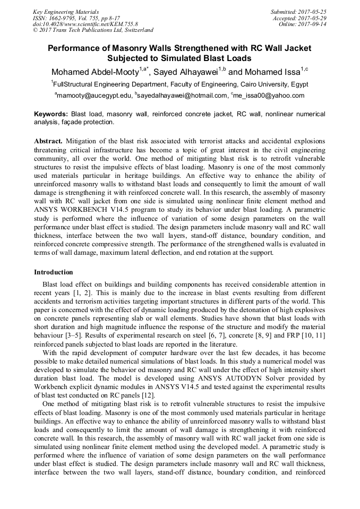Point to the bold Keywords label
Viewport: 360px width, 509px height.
(51, 114)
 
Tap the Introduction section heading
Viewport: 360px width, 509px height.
(54, 272)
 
